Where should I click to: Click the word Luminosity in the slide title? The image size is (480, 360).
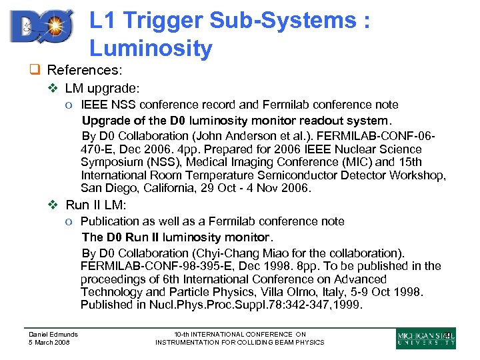pyautogui.click(x=151, y=48)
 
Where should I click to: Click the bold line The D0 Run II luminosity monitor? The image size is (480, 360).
pyautogui.click(x=177, y=237)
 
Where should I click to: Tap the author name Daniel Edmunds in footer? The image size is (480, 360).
pyautogui.click(x=53, y=334)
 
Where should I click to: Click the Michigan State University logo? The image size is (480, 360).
pyautogui.click(x=426, y=338)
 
